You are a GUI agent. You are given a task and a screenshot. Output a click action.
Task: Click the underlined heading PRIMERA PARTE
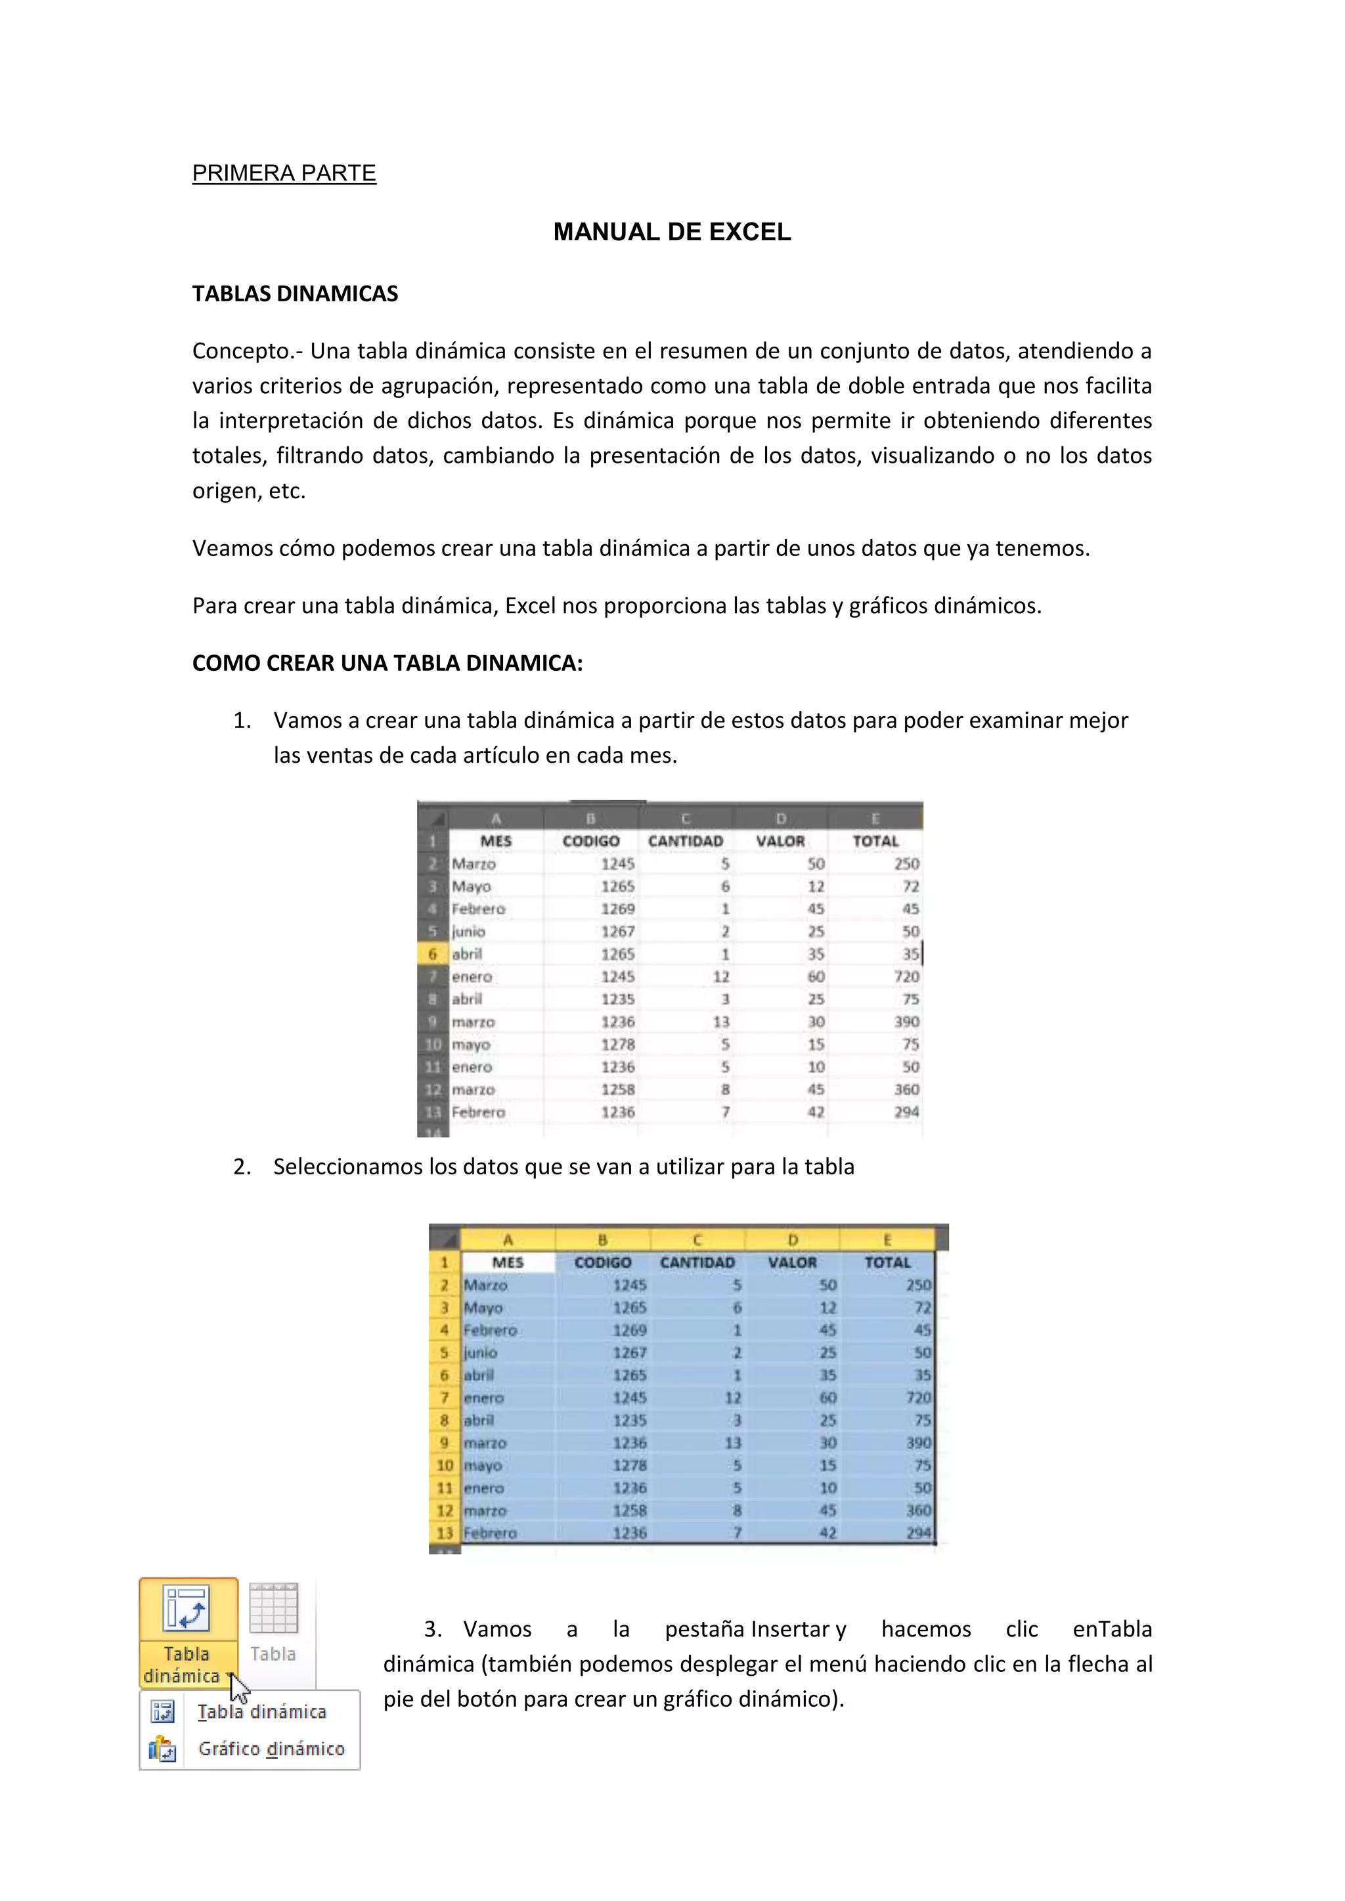(284, 173)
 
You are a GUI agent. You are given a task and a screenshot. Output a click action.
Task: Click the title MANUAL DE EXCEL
(672, 232)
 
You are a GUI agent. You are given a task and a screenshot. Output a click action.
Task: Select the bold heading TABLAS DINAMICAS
(295, 294)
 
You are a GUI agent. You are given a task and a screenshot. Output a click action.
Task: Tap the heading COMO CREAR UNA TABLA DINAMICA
(387, 663)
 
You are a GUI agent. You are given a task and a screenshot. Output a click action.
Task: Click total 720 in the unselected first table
(906, 977)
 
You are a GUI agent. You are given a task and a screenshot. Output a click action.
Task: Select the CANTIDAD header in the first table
(685, 842)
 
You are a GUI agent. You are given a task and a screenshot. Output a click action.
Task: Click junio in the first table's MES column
(469, 931)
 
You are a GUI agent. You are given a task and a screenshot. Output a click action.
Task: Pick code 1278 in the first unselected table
(618, 1045)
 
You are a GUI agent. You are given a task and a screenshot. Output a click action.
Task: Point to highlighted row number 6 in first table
(432, 954)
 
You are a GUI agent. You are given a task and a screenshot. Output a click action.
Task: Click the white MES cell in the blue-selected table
(508, 1263)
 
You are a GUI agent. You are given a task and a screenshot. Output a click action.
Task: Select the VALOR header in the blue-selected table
(792, 1263)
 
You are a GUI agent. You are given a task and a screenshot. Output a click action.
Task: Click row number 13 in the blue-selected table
(445, 1533)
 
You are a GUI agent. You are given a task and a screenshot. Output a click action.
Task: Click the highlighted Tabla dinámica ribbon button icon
(187, 1608)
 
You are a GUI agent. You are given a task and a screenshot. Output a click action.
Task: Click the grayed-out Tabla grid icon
(273, 1608)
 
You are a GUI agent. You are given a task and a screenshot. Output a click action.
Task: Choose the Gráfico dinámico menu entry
(271, 1749)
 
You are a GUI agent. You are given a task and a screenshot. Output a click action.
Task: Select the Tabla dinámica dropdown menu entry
(262, 1711)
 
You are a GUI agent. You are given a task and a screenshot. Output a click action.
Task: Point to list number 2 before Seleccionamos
(241, 1167)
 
